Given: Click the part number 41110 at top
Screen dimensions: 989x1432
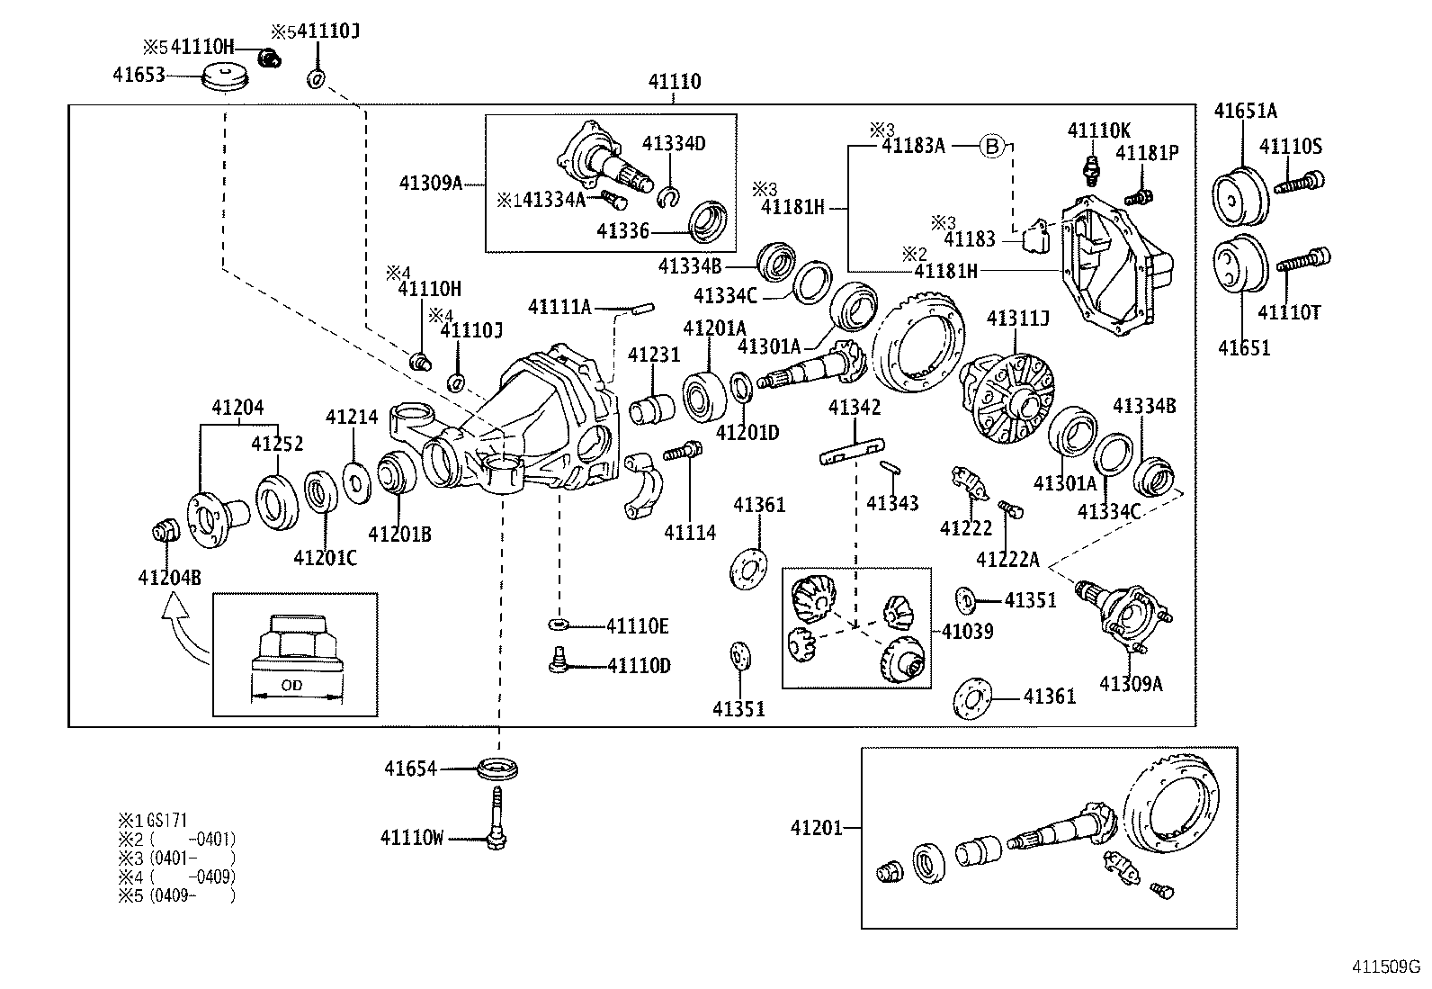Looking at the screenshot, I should [674, 82].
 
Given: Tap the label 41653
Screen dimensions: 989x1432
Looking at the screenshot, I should [139, 75].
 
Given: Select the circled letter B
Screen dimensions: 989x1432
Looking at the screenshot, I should [990, 146].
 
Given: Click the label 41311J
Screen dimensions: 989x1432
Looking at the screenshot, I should [1017, 319].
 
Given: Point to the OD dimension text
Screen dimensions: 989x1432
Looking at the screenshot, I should [292, 686].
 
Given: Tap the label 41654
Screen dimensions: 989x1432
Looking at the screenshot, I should [410, 769].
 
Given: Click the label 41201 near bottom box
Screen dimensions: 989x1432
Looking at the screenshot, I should [817, 828].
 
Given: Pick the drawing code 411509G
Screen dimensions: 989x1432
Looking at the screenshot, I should [1386, 967].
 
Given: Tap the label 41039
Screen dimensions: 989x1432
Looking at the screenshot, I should [967, 632].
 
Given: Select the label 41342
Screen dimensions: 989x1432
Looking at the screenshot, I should [855, 408].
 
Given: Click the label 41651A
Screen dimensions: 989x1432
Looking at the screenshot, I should [1245, 112].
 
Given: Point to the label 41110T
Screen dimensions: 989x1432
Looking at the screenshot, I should [1288, 312].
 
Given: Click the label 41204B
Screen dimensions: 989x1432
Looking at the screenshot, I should [169, 577].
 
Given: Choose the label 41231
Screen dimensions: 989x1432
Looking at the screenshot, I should [654, 355].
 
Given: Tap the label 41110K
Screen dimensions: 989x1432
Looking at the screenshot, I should [1098, 130].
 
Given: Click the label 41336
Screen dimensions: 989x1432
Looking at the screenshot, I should [622, 232].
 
